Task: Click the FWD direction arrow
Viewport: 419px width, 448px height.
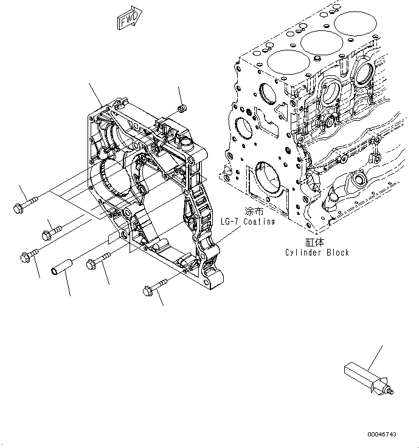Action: click(129, 19)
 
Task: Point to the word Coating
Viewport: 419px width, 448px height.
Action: click(259, 222)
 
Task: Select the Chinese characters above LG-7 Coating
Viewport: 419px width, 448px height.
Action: click(252, 212)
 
